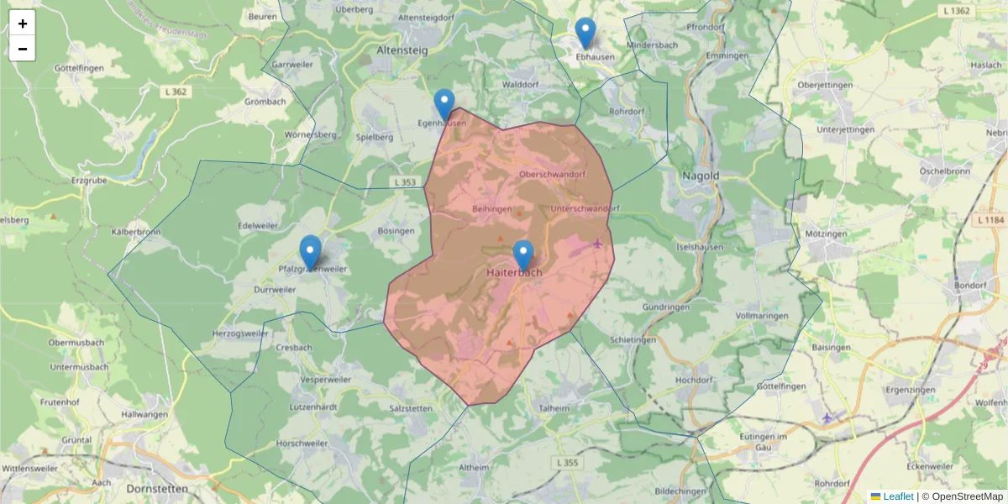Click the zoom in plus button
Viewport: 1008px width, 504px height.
click(23, 24)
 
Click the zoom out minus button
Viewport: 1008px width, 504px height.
click(23, 49)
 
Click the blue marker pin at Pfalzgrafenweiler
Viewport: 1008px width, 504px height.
click(311, 251)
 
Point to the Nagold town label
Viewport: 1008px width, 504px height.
click(701, 176)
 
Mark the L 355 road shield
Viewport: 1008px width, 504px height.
click(567, 463)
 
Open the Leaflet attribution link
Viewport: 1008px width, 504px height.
click(897, 496)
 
